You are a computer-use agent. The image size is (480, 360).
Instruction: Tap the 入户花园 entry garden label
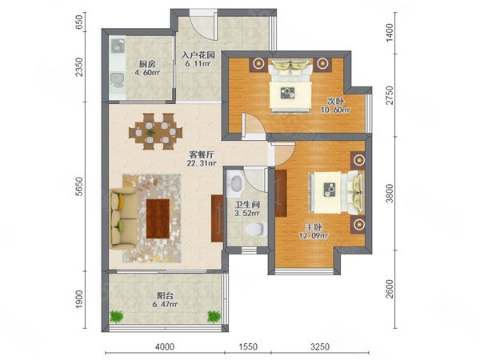point(198,55)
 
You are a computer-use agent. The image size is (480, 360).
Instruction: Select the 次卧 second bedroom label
point(335,101)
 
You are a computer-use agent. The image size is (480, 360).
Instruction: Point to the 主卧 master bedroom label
point(314,227)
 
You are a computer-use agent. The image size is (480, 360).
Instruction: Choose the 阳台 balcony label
point(166,296)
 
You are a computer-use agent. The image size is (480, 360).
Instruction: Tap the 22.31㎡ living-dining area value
point(202,163)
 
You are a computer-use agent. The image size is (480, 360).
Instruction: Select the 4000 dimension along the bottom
point(165,346)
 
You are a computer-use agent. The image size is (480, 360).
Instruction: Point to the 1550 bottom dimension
point(248,346)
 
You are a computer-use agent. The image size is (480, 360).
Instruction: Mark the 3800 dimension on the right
point(390,193)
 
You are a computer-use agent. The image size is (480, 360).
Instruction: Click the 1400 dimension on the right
point(390,33)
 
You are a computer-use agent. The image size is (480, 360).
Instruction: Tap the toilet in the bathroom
point(256,229)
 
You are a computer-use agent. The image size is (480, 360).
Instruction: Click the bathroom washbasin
point(234,182)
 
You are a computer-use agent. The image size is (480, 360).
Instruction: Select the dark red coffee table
point(158,218)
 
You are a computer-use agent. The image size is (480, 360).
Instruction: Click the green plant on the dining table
point(150,133)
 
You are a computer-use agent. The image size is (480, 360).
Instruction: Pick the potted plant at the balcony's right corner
point(214,317)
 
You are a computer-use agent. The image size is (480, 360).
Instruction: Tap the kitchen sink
point(118,46)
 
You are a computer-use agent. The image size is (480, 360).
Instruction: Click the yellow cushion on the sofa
point(122,201)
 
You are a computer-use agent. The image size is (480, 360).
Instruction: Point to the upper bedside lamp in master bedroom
point(358,159)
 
